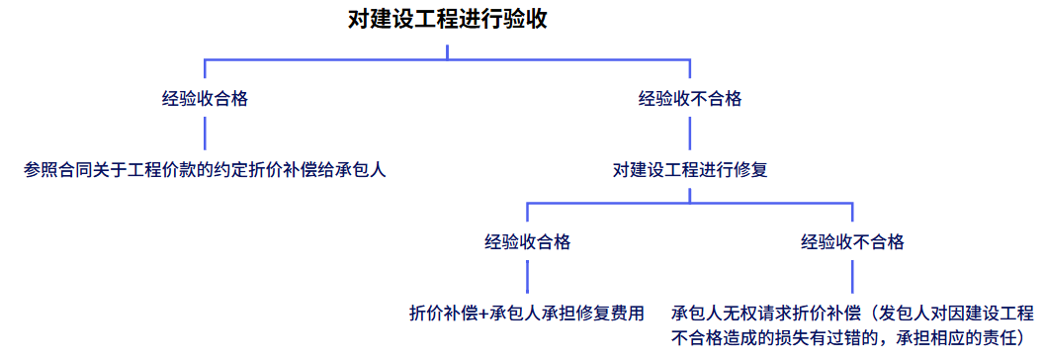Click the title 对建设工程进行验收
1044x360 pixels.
(447, 19)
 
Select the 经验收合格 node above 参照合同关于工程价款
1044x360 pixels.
(205, 99)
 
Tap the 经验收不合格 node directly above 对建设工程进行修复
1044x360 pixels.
(690, 99)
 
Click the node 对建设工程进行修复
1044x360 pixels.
(690, 169)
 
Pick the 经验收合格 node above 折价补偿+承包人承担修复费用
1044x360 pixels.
(527, 241)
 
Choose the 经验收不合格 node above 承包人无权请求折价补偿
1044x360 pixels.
(852, 241)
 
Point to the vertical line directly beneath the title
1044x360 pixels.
(447, 49)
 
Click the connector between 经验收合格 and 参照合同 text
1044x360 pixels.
(205, 134)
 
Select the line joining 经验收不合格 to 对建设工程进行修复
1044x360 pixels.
(690, 134)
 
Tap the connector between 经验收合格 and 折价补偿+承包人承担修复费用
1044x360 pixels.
(527, 276)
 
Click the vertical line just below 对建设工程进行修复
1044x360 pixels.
(690, 192)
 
